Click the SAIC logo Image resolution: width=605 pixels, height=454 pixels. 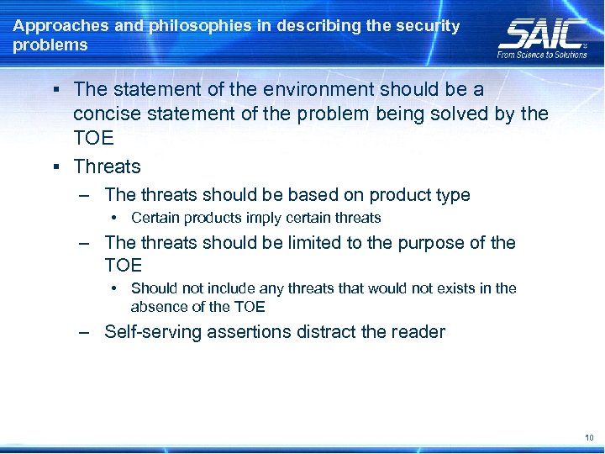click(542, 33)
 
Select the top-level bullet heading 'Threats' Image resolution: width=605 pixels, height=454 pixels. click(107, 166)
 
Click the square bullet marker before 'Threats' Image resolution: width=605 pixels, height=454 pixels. click(55, 166)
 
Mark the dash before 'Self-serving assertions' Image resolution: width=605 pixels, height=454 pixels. click(85, 332)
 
